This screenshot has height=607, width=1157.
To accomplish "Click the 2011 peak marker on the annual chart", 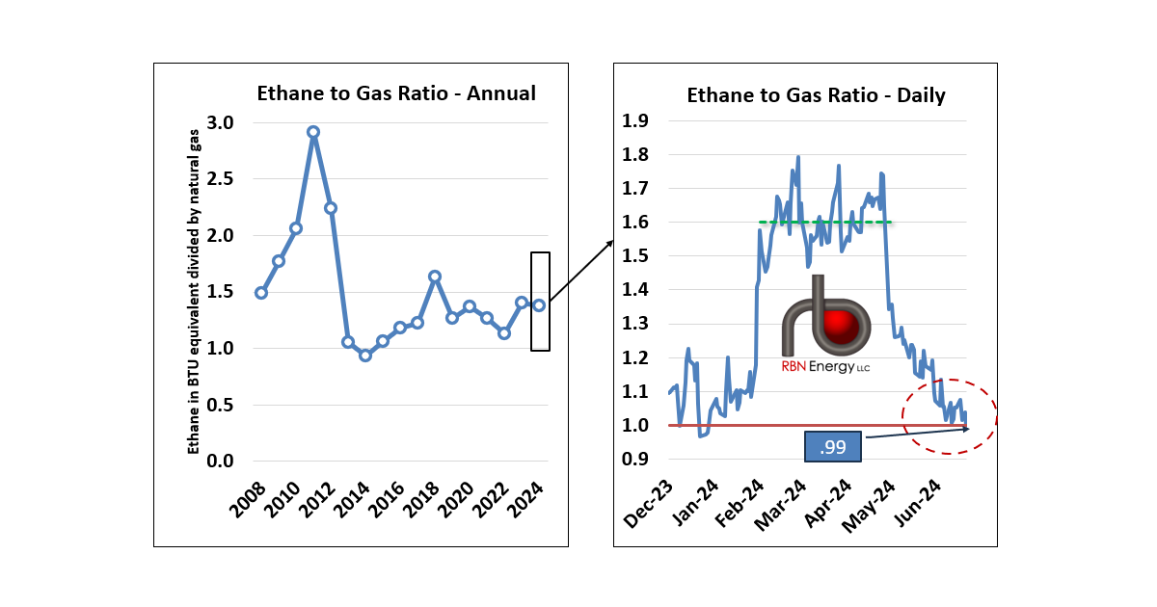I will coord(313,132).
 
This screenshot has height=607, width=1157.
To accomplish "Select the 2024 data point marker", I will coord(539,305).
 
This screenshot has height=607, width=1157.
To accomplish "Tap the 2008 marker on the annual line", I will coord(260,292).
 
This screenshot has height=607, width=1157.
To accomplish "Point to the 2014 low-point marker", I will coord(365,355).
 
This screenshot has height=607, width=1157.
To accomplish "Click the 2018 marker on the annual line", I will coord(435,277).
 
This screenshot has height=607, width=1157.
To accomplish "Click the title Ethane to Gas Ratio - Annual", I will coord(395,93).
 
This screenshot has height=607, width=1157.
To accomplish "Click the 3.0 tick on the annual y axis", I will coord(221,122).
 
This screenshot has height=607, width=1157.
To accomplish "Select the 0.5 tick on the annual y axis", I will coord(221,405).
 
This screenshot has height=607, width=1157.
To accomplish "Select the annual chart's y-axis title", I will coord(194,292).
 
